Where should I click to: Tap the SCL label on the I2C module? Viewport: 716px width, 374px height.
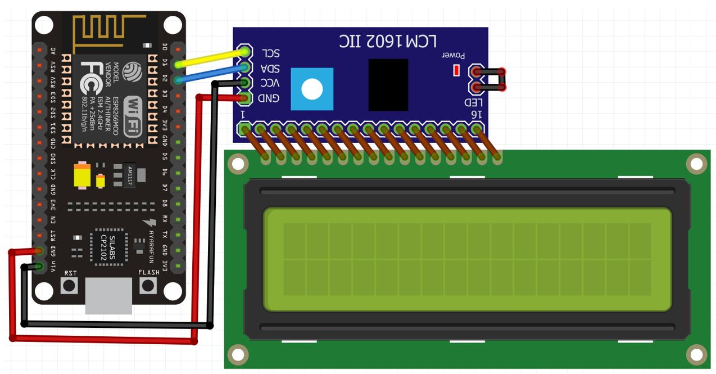tap(270, 53)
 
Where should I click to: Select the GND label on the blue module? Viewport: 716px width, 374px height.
tap(269, 99)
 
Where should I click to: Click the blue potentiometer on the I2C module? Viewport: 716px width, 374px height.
tap(312, 89)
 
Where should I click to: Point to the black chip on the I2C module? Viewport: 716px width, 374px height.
tap(388, 85)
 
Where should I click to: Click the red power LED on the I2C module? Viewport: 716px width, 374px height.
tap(456, 70)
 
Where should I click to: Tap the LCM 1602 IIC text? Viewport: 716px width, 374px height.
tap(388, 40)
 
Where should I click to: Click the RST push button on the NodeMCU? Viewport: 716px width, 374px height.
tap(70, 285)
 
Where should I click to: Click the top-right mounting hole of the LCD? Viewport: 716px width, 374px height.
tap(696, 164)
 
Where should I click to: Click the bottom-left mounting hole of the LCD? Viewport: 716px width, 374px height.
tap(238, 355)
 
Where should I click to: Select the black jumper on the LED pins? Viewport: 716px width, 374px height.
tap(489, 79)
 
